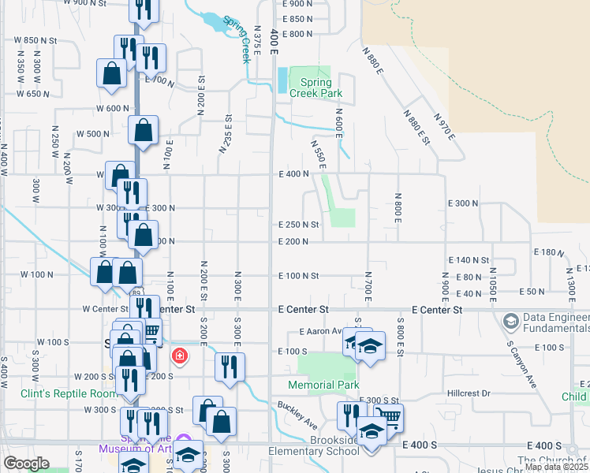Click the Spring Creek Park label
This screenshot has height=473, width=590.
click(321, 87)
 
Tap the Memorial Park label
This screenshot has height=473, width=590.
click(323, 385)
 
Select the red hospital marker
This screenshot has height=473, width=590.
click(180, 356)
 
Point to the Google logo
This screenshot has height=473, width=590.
click(27, 464)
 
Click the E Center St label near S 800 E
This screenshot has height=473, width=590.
click(436, 310)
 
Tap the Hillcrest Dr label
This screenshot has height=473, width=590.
click(469, 393)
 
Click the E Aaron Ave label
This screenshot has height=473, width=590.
click(319, 332)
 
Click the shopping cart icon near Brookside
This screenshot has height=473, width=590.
click(386, 417)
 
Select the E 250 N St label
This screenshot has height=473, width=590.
click(298, 225)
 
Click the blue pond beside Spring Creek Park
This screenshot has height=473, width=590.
click(282, 80)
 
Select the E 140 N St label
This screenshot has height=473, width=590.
click(469, 259)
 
